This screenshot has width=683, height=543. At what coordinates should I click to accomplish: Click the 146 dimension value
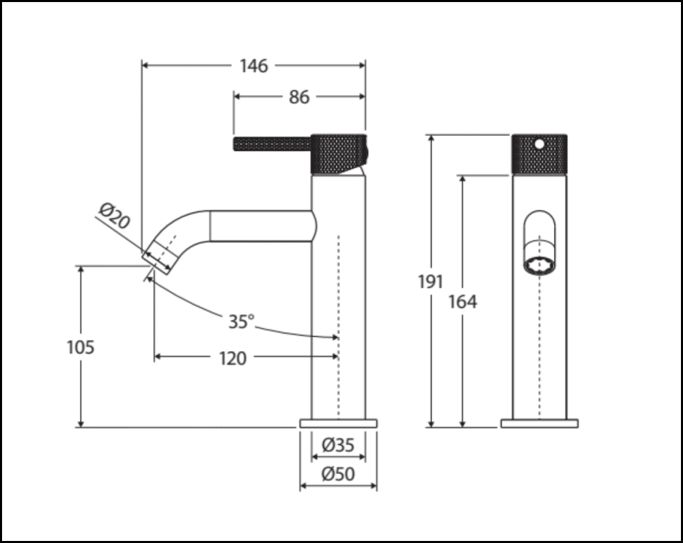click(253, 66)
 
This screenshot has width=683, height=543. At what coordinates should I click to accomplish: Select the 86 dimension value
click(298, 97)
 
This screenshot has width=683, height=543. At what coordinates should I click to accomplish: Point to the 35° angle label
click(240, 321)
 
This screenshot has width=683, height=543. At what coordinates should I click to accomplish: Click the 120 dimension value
click(233, 358)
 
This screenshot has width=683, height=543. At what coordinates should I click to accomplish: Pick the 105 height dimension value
click(81, 347)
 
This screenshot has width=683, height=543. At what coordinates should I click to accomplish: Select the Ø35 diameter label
click(338, 445)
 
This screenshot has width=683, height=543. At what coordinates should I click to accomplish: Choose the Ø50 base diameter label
click(338, 473)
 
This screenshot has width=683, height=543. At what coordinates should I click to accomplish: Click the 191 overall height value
click(430, 281)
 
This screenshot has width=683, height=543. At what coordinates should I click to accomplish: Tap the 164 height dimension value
click(462, 301)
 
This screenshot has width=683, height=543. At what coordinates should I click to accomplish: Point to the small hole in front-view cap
click(539, 144)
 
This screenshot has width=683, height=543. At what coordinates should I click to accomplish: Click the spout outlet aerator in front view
click(539, 265)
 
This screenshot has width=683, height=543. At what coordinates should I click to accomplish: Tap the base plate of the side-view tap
click(338, 423)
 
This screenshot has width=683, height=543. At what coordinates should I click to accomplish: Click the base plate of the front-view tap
click(539, 423)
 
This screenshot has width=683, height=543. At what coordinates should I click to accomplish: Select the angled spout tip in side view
click(159, 257)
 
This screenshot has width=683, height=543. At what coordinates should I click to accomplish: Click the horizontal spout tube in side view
click(260, 226)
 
